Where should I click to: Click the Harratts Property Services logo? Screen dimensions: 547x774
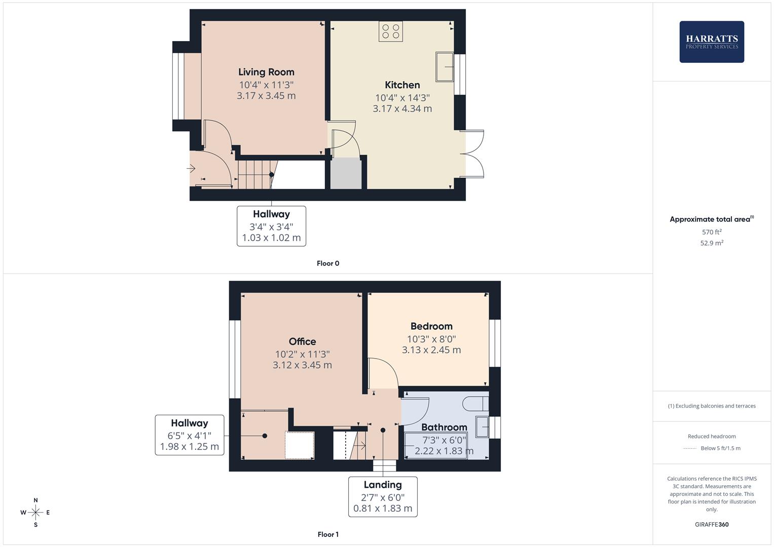click(x=711, y=42)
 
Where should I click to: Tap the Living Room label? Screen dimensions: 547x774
click(x=266, y=72)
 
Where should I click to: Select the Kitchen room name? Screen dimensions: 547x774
click(x=402, y=85)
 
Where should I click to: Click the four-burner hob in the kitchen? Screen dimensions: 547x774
click(x=390, y=31)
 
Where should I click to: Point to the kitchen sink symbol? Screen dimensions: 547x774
click(x=445, y=66)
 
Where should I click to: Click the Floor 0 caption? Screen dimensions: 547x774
click(x=328, y=263)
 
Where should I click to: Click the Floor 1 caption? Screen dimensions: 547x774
click(x=328, y=534)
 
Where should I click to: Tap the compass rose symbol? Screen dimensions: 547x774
click(x=35, y=513)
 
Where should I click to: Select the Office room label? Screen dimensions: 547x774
click(x=302, y=341)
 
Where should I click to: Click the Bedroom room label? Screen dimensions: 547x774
click(x=431, y=326)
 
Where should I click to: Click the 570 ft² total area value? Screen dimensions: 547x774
click(x=712, y=232)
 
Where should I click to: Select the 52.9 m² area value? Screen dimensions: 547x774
click(x=712, y=243)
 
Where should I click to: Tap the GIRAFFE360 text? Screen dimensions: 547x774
click(x=712, y=524)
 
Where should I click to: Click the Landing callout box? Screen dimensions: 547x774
click(x=383, y=496)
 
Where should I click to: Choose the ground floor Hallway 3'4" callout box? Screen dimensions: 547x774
click(x=271, y=226)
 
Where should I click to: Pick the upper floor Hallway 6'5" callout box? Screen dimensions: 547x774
click(x=190, y=435)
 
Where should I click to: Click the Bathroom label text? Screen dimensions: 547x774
click(x=444, y=427)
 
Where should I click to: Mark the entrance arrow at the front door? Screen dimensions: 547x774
click(x=191, y=168)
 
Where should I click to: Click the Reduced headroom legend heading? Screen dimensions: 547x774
click(x=712, y=436)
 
